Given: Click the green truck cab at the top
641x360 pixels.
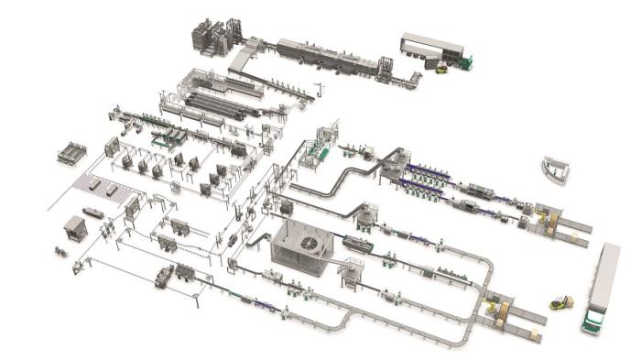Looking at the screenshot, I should point(466,62).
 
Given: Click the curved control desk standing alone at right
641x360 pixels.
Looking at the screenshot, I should point(555,167).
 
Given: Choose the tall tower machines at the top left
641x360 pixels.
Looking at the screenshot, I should point(210,37).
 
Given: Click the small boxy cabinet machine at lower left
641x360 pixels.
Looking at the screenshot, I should point(75,228).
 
